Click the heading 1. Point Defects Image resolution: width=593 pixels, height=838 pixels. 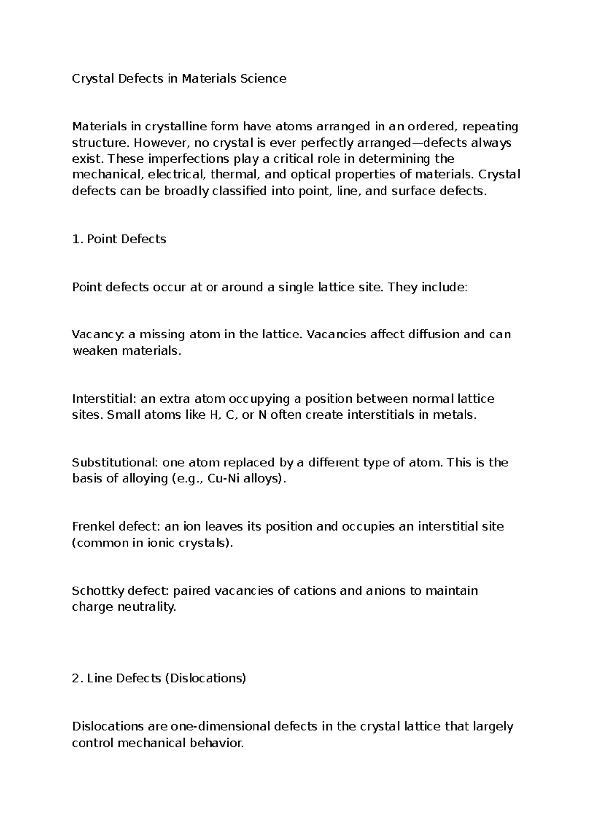tap(119, 239)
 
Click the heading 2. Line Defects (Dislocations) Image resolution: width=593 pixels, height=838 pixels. tap(159, 678)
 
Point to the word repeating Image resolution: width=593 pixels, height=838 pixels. tap(490, 126)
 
